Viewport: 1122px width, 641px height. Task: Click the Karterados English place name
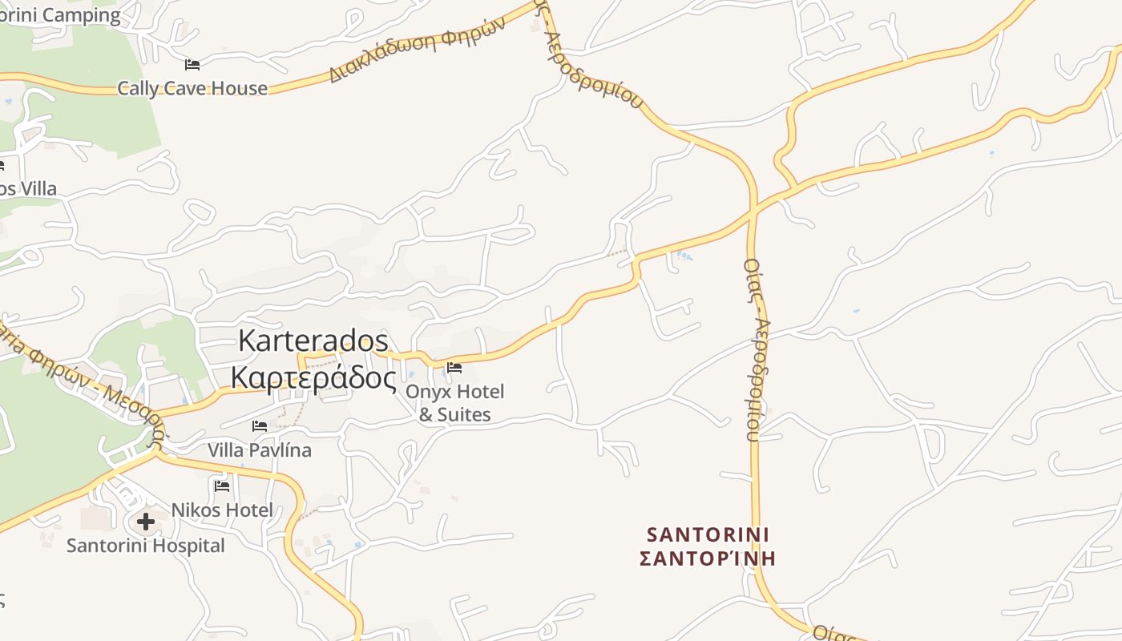tap(313, 341)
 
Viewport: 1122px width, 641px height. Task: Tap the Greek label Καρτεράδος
tap(313, 377)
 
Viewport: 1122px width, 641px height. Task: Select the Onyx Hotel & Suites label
tap(454, 403)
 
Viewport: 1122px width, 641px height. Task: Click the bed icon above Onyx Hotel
tap(454, 368)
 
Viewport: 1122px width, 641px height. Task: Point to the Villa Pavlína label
tap(259, 450)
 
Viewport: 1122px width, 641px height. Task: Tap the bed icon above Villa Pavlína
tap(260, 425)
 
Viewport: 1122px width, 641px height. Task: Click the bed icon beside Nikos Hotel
tap(222, 486)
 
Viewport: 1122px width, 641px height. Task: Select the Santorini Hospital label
tap(145, 546)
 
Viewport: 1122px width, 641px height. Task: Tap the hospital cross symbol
tap(145, 522)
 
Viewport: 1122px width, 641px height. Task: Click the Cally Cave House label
tap(192, 88)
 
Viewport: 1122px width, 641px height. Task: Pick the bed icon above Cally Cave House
tap(192, 64)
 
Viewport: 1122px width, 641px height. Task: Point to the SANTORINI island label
tap(708, 534)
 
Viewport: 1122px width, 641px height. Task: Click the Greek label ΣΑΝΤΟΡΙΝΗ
tap(708, 558)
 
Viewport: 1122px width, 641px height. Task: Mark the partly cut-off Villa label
tap(29, 189)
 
